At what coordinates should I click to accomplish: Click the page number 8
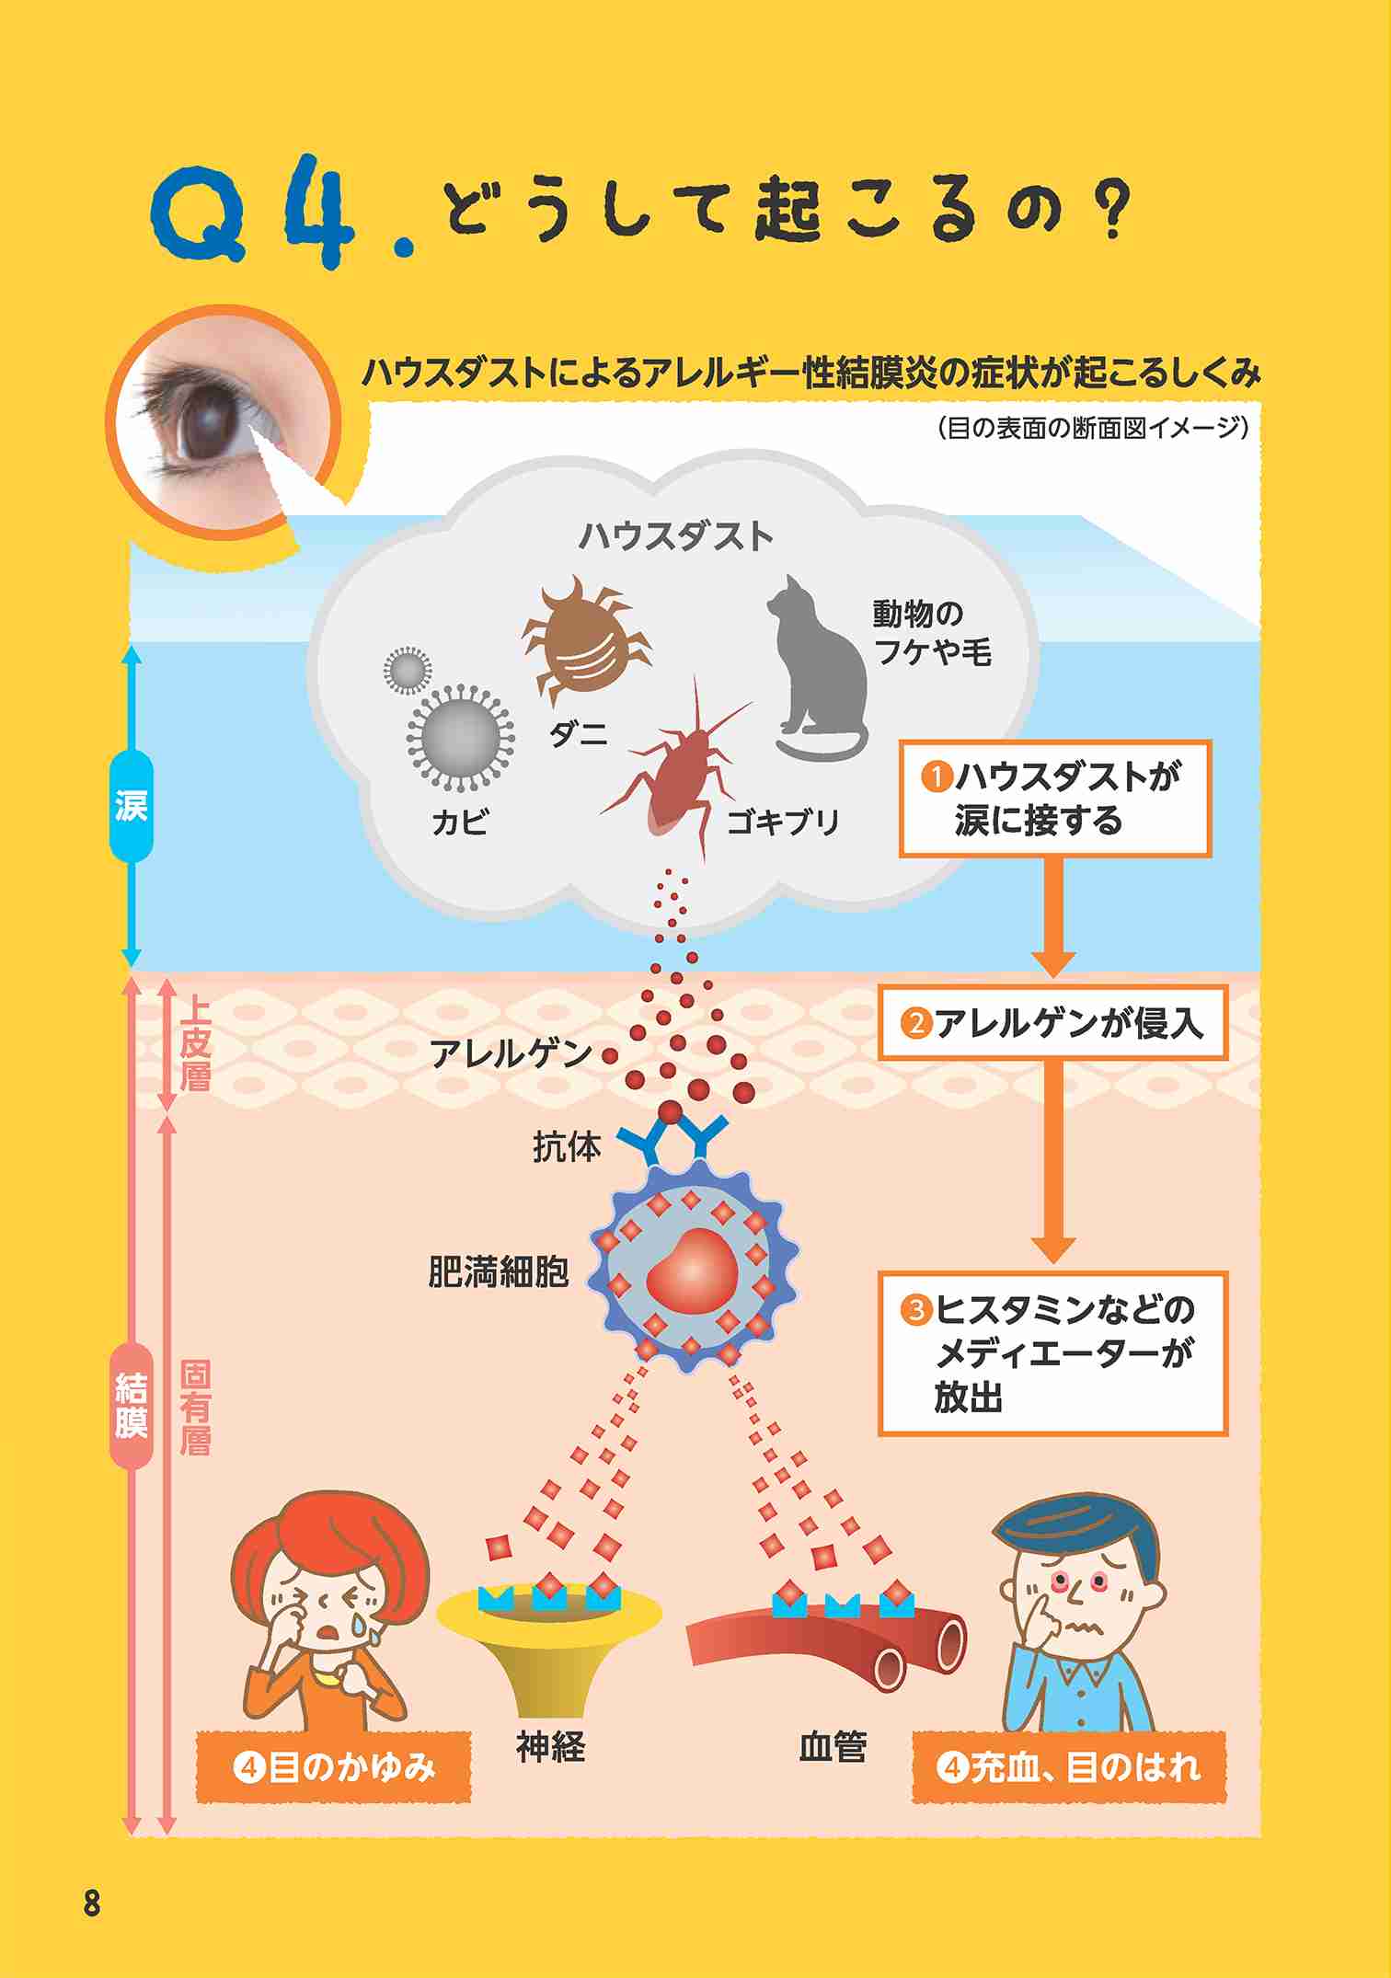91,1902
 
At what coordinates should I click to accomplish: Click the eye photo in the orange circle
224,423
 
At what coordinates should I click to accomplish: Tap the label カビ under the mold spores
460,822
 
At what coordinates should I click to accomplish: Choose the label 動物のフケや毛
931,632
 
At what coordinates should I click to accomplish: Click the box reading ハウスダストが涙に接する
1054,799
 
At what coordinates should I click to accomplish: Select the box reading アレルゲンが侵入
1052,1023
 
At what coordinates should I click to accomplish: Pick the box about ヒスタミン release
1052,1353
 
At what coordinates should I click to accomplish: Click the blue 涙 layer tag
131,807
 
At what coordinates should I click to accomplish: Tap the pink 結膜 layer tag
132,1406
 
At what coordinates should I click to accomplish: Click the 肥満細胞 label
499,1272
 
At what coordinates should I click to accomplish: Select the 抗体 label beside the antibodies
567,1147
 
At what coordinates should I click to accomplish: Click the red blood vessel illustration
826,1647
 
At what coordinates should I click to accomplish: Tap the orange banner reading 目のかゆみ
333,1767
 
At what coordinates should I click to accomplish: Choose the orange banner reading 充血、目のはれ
1069,1767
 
